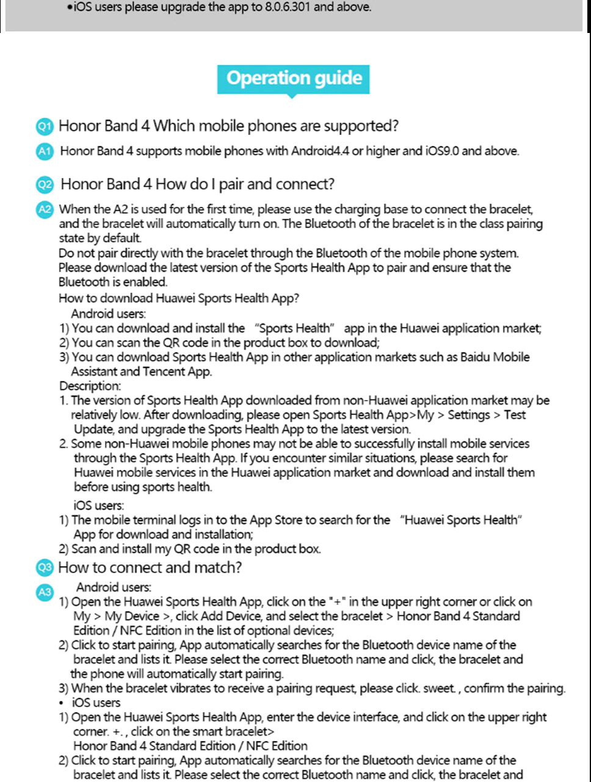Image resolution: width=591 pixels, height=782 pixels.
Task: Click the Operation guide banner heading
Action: point(294,79)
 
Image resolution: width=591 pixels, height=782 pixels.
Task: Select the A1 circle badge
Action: point(44,151)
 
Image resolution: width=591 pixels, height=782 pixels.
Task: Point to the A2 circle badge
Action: point(45,209)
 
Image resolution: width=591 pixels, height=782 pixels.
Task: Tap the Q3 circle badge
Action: point(45,568)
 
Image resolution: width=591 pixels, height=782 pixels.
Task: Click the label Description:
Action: point(90,386)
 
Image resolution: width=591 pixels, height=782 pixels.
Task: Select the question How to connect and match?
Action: point(150,568)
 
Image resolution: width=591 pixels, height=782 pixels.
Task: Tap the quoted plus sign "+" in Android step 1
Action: point(336,602)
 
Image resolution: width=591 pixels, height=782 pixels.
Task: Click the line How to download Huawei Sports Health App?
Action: point(178,299)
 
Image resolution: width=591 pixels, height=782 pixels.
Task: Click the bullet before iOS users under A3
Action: point(62,703)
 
